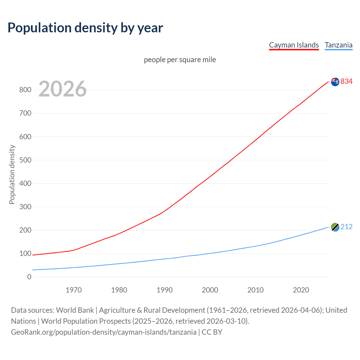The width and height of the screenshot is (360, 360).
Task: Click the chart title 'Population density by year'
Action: [85, 28]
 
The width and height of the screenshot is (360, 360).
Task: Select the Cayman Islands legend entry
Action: [294, 45]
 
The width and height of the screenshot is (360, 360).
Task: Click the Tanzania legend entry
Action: [339, 45]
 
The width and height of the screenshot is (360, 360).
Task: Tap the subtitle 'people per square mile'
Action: [180, 60]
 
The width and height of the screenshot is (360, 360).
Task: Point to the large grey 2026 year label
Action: [62, 89]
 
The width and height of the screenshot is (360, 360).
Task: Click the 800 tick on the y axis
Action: [25, 90]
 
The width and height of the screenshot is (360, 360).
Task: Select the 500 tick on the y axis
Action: [25, 160]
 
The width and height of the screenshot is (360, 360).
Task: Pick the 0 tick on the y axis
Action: [29, 277]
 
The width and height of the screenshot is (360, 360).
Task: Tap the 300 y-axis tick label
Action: [25, 207]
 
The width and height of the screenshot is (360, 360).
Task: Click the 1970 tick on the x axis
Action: [74, 290]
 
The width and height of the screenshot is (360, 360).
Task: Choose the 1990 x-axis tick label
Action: [165, 290]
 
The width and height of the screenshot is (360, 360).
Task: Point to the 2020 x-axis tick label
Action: [301, 290]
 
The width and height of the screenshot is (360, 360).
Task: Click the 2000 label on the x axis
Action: [210, 290]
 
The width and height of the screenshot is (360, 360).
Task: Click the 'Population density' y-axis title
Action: [12, 174]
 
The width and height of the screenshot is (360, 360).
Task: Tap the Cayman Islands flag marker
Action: [335, 82]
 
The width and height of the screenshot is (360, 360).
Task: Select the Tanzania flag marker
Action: [335, 227]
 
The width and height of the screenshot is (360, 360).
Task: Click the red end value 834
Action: [346, 81]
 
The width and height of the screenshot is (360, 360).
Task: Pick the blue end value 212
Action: [346, 227]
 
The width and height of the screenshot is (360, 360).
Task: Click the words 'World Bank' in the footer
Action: [75, 310]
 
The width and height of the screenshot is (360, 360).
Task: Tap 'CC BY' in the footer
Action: [212, 332]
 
